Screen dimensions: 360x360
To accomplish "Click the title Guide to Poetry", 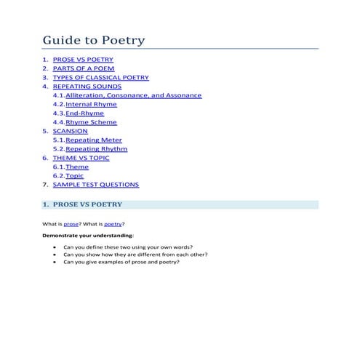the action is [x=93, y=40].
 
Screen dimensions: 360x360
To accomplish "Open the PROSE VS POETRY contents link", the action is [x=82, y=60].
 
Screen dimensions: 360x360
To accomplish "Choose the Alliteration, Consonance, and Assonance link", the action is [x=133, y=95].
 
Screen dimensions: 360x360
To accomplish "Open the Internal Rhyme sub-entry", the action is [x=91, y=104].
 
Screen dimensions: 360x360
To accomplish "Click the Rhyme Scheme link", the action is [x=91, y=122].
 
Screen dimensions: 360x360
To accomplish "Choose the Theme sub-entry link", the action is [x=77, y=167].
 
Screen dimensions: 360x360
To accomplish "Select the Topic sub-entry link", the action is [x=75, y=175].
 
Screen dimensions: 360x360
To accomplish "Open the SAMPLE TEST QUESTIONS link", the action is [x=96, y=185].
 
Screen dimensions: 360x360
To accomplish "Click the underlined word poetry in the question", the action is [x=113, y=223].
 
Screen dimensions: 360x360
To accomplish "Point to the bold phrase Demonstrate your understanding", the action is [x=87, y=236].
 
